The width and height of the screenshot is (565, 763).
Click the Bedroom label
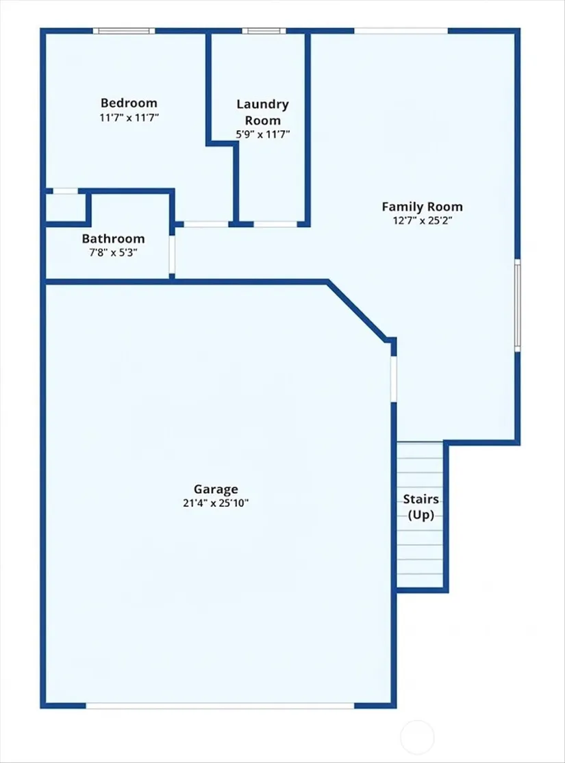pyautogui.click(x=129, y=103)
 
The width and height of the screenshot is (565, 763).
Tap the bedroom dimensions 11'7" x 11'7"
pyautogui.click(x=129, y=118)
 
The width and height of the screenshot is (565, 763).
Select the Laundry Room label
pyautogui.click(x=263, y=112)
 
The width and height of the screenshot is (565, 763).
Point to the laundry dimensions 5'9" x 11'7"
pyautogui.click(x=263, y=134)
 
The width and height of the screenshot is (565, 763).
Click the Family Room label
pyautogui.click(x=422, y=207)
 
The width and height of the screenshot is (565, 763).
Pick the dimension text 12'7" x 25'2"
pyautogui.click(x=423, y=221)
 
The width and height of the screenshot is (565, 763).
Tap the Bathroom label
pyautogui.click(x=114, y=239)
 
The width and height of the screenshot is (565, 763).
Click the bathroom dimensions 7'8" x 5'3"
pyautogui.click(x=114, y=253)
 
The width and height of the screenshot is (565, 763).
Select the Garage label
pyautogui.click(x=216, y=489)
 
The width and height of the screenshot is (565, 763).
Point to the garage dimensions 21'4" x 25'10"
pyautogui.click(x=216, y=503)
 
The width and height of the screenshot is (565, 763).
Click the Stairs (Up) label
pyautogui.click(x=421, y=507)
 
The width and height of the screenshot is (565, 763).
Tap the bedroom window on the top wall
pyautogui.click(x=124, y=31)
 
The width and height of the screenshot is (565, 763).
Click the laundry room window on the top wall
pyautogui.click(x=264, y=31)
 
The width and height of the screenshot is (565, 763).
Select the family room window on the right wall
pyautogui.click(x=517, y=305)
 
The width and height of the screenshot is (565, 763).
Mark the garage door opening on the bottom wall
pyautogui.click(x=220, y=705)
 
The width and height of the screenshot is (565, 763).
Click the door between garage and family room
pyautogui.click(x=394, y=379)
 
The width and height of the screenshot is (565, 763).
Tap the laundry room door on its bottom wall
pyautogui.click(x=275, y=225)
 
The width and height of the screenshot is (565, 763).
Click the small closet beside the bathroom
pyautogui.click(x=65, y=208)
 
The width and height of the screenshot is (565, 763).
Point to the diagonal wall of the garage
pyautogui.click(x=357, y=310)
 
